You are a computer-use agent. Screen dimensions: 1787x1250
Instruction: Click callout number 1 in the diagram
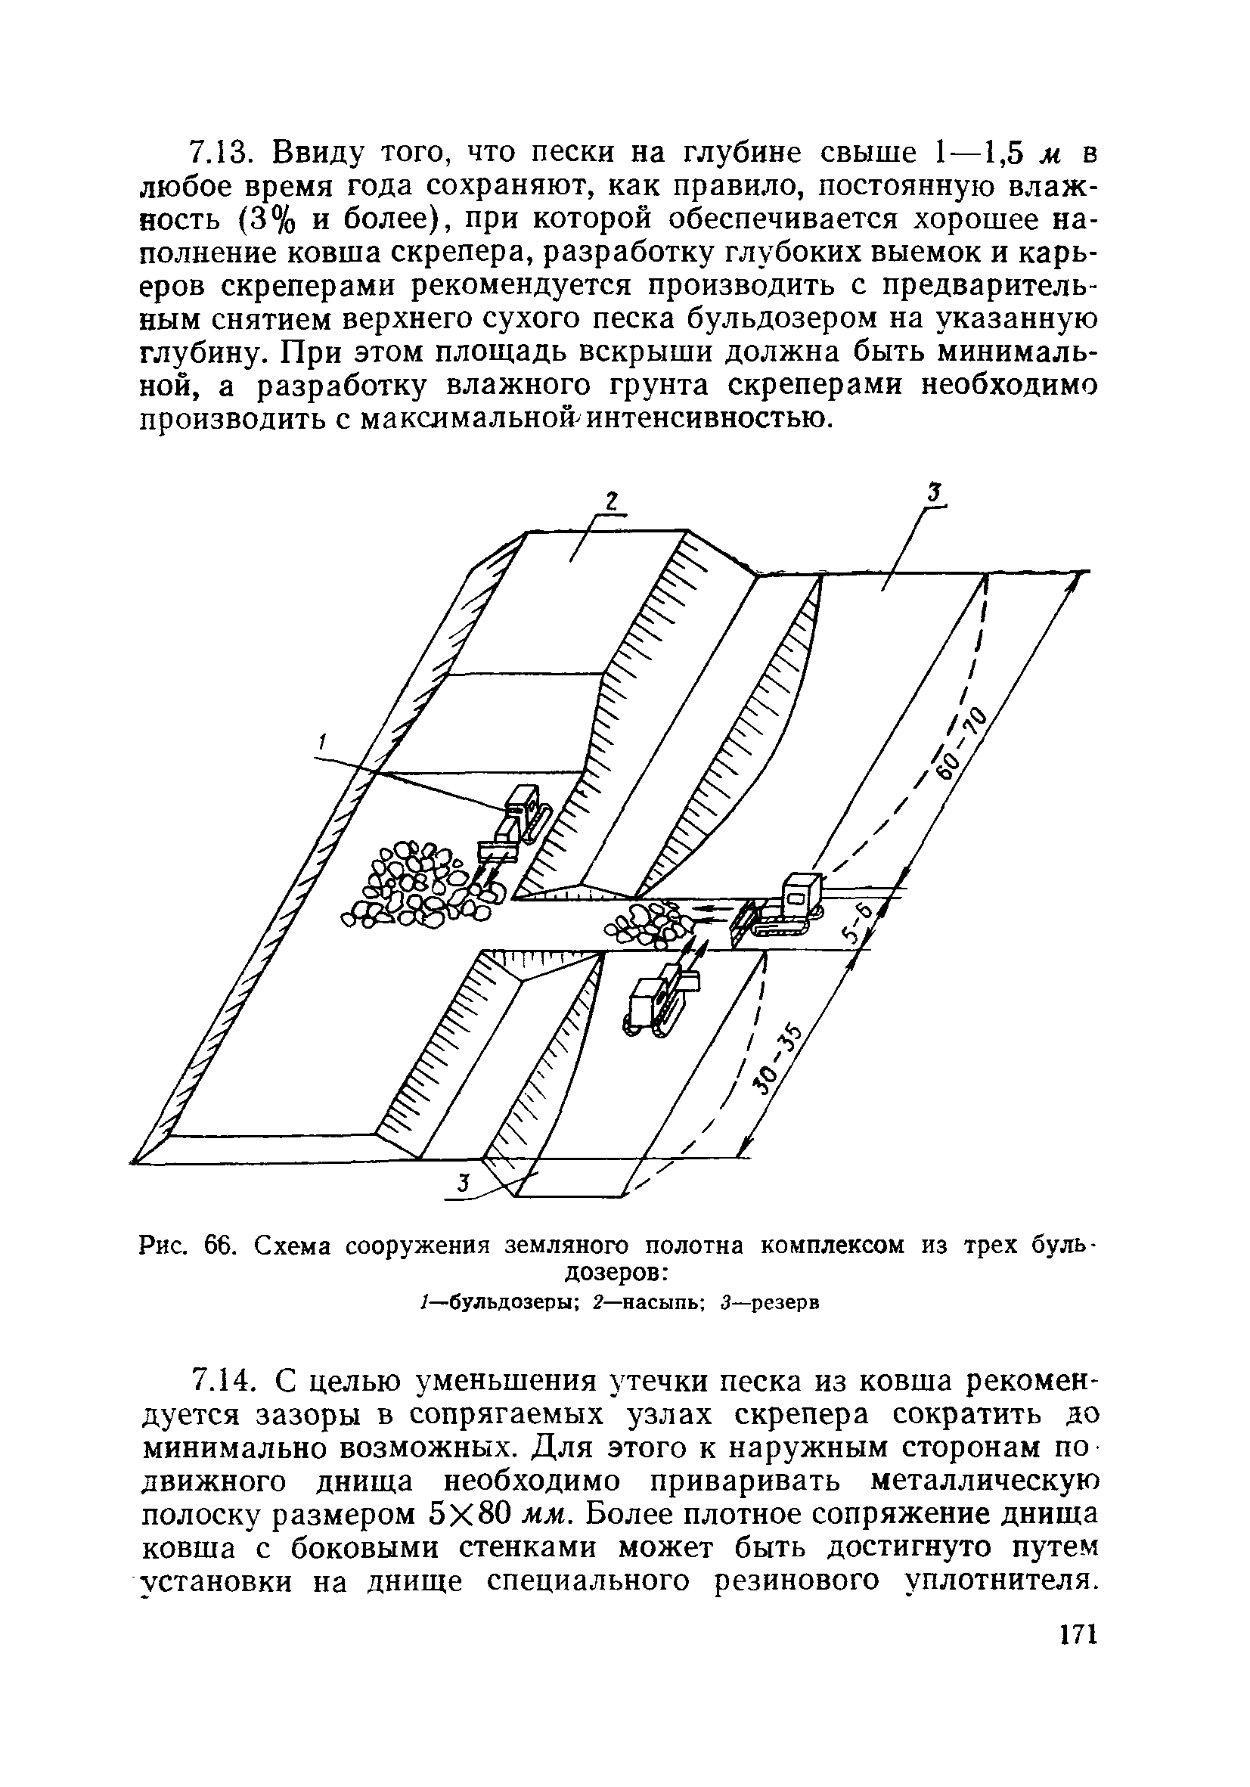point(321,744)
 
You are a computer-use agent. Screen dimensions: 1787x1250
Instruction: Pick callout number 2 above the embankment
point(611,501)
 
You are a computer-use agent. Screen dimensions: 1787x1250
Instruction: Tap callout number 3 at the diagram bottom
point(462,1184)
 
